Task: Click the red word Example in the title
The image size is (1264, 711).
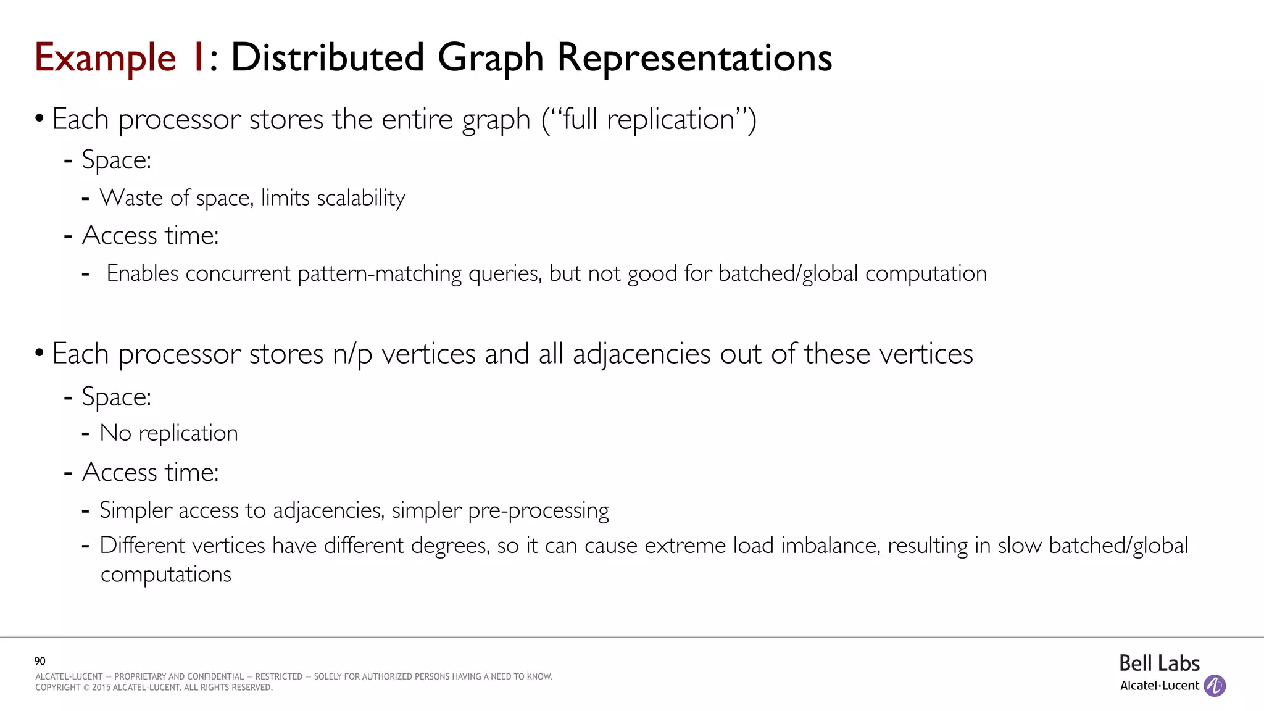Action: pyautogui.click(x=105, y=59)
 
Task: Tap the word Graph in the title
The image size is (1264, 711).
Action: pyautogui.click(x=491, y=59)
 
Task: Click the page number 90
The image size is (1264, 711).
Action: pyautogui.click(x=40, y=661)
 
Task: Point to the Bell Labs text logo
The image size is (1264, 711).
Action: pyautogui.click(x=1159, y=663)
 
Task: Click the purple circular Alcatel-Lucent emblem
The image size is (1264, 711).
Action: pyautogui.click(x=1215, y=686)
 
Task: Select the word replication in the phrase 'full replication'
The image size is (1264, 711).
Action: pyautogui.click(x=670, y=119)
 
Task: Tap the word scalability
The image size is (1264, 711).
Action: pyautogui.click(x=360, y=198)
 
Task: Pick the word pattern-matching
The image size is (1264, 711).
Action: pyautogui.click(x=380, y=273)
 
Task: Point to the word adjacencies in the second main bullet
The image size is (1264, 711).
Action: pyautogui.click(x=641, y=354)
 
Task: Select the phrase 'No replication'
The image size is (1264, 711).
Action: pyautogui.click(x=168, y=433)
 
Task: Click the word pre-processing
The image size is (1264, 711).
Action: pyautogui.click(x=538, y=510)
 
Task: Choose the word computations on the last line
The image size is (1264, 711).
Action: pyautogui.click(x=166, y=575)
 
